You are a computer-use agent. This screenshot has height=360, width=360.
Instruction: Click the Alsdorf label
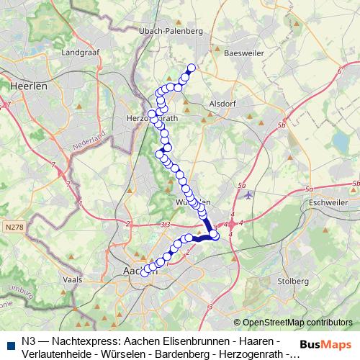[x=221, y=103]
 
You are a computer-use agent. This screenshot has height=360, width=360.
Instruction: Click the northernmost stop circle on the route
[x=192, y=68]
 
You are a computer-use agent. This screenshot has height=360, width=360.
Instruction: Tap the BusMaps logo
[x=325, y=345]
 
